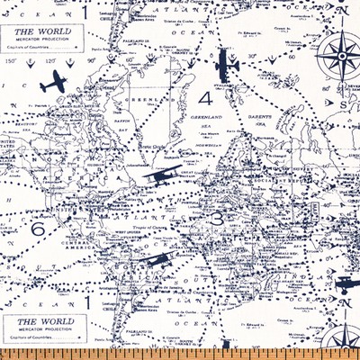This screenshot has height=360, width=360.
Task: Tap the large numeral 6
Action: (x=37, y=229)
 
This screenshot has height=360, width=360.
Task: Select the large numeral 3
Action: (x=216, y=220)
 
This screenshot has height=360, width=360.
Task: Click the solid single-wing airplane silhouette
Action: (x=55, y=80)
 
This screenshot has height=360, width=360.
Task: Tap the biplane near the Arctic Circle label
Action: (x=159, y=177)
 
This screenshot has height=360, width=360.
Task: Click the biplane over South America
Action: (x=157, y=262)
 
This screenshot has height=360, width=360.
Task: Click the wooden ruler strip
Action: (x=180, y=353)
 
